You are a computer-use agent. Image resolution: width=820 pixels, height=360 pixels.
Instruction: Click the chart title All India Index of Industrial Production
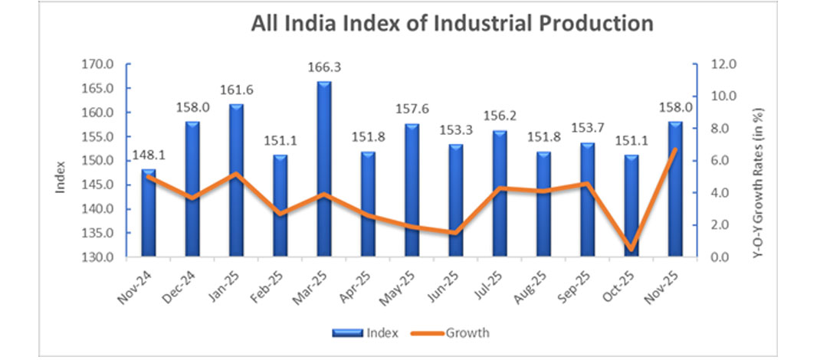pyautogui.click(x=452, y=24)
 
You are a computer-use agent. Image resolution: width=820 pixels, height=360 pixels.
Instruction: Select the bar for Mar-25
pyautogui.click(x=324, y=169)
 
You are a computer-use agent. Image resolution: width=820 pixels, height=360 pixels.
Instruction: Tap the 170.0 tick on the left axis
pyautogui.click(x=97, y=64)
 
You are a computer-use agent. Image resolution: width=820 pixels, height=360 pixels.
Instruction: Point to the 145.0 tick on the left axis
pyautogui.click(x=97, y=185)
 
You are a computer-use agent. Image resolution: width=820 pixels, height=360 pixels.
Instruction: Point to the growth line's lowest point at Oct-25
pyautogui.click(x=631, y=249)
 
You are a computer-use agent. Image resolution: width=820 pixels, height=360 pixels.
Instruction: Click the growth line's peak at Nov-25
pyautogui.click(x=674, y=149)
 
